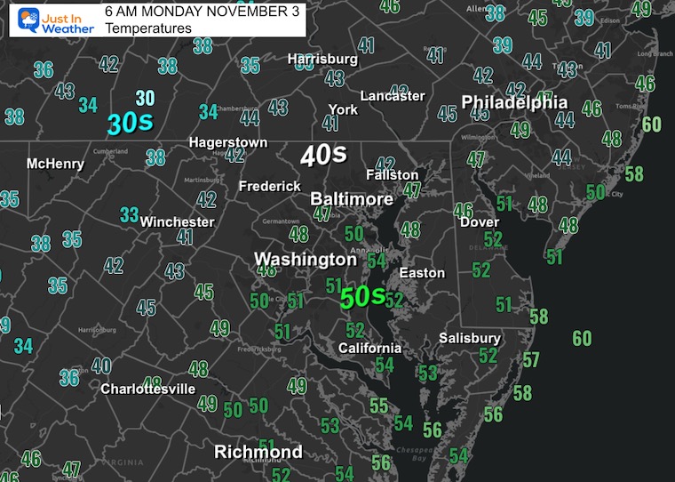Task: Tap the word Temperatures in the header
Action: pyautogui.click(x=147, y=28)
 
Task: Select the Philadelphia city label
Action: pyautogui.click(x=513, y=102)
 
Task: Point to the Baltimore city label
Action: pyautogui.click(x=352, y=199)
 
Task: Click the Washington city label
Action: pyautogui.click(x=305, y=260)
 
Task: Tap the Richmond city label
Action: pyautogui.click(x=258, y=452)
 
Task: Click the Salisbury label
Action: pyautogui.click(x=470, y=338)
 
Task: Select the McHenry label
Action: pyautogui.click(x=55, y=164)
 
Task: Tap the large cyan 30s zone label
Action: pyautogui.click(x=126, y=125)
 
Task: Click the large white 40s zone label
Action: pyautogui.click(x=322, y=156)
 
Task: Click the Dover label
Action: pyautogui.click(x=479, y=221)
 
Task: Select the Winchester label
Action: pyautogui.click(x=178, y=221)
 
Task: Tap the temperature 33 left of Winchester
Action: pyautogui.click(x=130, y=214)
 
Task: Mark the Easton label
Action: pyautogui.click(x=422, y=272)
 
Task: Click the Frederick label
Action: pyautogui.click(x=270, y=187)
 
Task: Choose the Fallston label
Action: pyautogui.click(x=393, y=175)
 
